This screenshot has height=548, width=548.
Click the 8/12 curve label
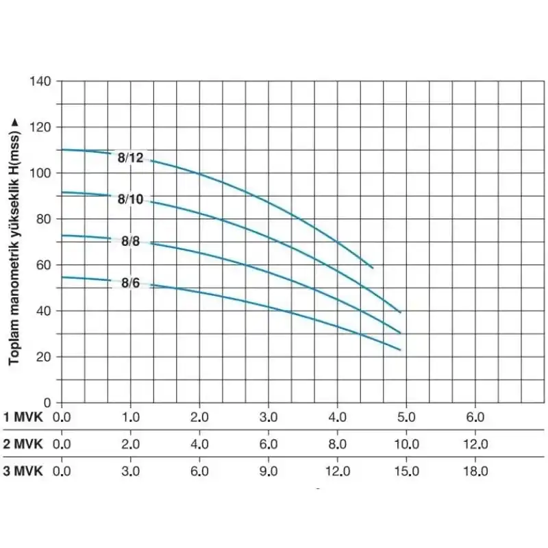coord(130,157)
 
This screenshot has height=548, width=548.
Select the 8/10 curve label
coord(130,199)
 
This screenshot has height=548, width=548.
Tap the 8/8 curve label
coord(131,241)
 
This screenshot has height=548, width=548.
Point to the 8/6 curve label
coord(131,282)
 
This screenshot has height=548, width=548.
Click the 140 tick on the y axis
coord(41,81)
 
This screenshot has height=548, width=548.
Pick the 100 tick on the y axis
coord(41,173)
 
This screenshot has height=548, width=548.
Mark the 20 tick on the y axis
coord(45,357)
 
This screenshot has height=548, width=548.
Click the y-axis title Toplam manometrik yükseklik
coord(14,240)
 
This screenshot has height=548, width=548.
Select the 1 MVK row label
coord(23,416)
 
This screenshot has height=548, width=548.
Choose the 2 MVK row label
coord(23,444)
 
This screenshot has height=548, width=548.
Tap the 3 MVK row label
coord(23,471)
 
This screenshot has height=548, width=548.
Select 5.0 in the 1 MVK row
coord(406,416)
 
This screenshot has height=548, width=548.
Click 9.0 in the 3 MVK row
coord(269,471)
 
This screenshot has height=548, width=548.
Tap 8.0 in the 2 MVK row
coord(338,444)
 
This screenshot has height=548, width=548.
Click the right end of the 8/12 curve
coord(373,267)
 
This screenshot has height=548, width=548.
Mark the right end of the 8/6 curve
coord(400,349)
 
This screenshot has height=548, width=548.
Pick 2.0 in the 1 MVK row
coord(199,416)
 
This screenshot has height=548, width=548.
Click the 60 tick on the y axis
coord(45,265)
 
